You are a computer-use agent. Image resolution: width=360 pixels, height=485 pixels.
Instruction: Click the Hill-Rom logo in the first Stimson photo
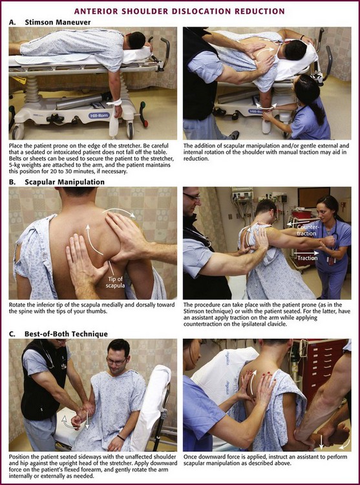coord(99,115)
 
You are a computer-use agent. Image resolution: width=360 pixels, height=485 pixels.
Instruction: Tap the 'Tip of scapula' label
coord(115,281)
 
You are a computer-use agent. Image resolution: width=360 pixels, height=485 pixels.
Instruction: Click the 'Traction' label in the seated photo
coord(308,257)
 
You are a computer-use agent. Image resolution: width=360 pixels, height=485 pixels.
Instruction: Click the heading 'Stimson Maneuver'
coord(58,23)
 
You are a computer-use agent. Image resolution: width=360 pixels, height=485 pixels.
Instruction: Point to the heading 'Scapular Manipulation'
coord(65,182)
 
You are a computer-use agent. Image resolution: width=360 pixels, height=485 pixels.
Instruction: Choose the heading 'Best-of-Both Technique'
coord(66,334)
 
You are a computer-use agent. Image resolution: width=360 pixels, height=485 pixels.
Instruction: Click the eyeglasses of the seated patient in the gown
coord(116,361)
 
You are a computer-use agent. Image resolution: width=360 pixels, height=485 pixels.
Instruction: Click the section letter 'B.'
coord(12,182)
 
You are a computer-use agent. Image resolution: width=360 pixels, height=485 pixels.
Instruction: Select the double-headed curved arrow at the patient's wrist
coord(266,106)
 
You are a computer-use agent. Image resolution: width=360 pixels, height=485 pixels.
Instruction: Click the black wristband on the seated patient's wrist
coord(121,438)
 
